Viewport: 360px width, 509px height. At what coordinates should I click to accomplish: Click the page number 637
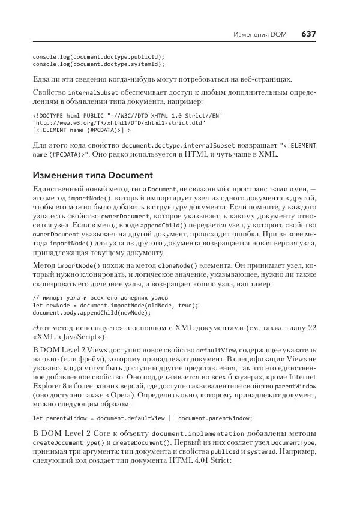tap(308, 34)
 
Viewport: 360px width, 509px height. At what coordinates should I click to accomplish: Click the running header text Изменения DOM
tap(260, 35)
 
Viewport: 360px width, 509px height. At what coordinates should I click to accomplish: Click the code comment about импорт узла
tap(100, 298)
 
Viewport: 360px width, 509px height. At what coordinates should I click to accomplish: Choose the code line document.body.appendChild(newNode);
tap(91, 313)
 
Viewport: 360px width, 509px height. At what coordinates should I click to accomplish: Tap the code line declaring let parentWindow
tap(143, 418)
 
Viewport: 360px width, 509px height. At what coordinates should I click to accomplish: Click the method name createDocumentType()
tap(65, 443)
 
